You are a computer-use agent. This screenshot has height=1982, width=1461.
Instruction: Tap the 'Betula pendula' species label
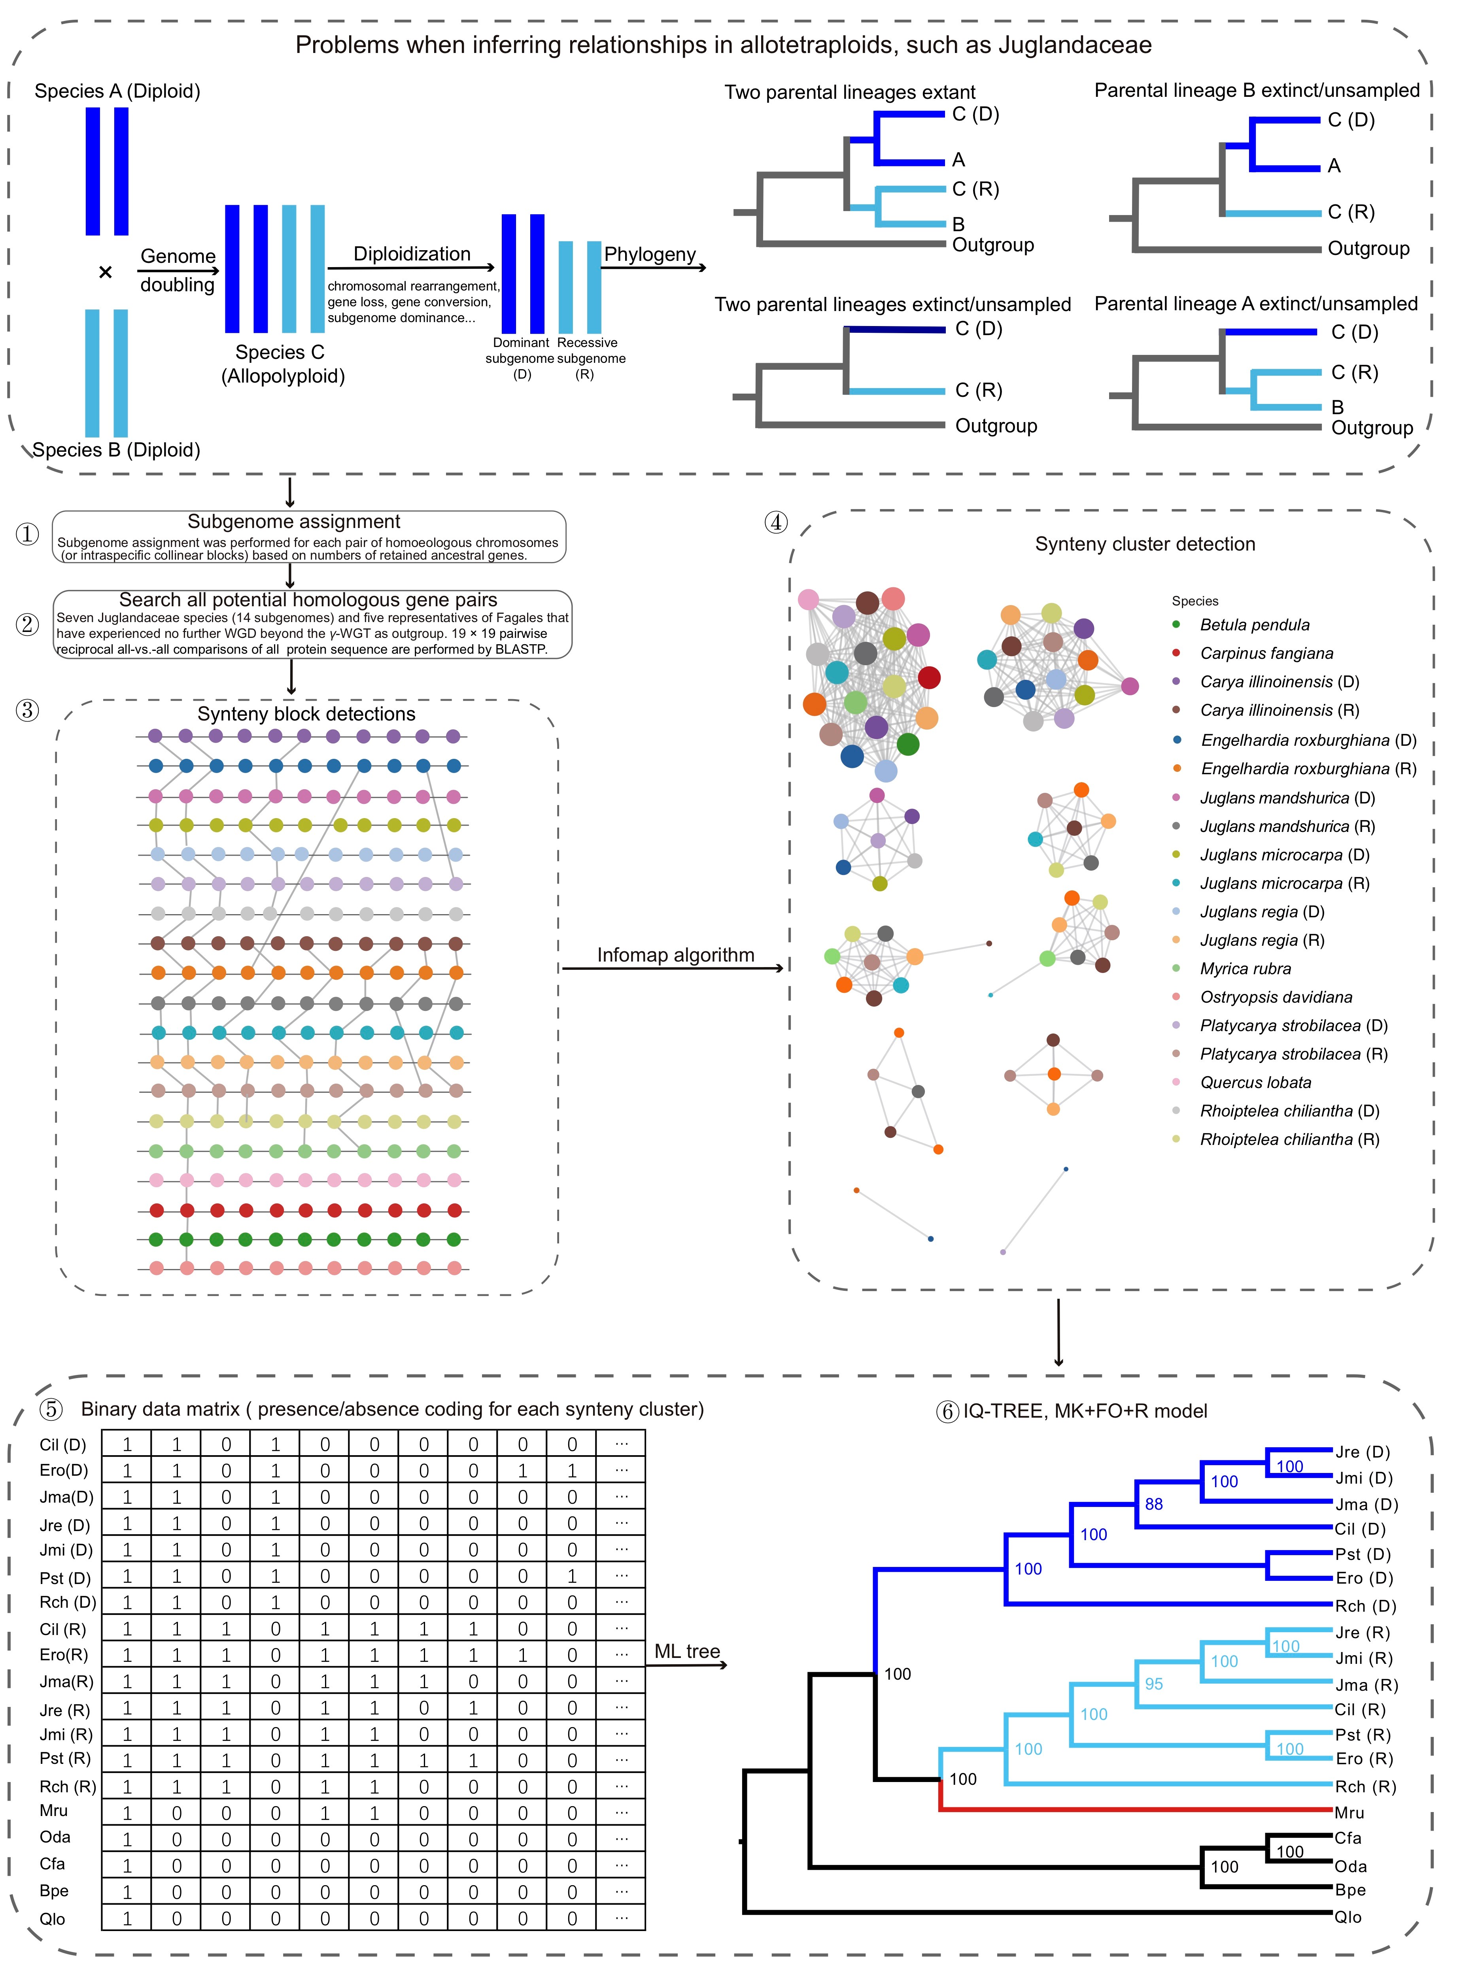click(1254, 625)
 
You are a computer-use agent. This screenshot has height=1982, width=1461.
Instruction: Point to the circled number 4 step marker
click(776, 522)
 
